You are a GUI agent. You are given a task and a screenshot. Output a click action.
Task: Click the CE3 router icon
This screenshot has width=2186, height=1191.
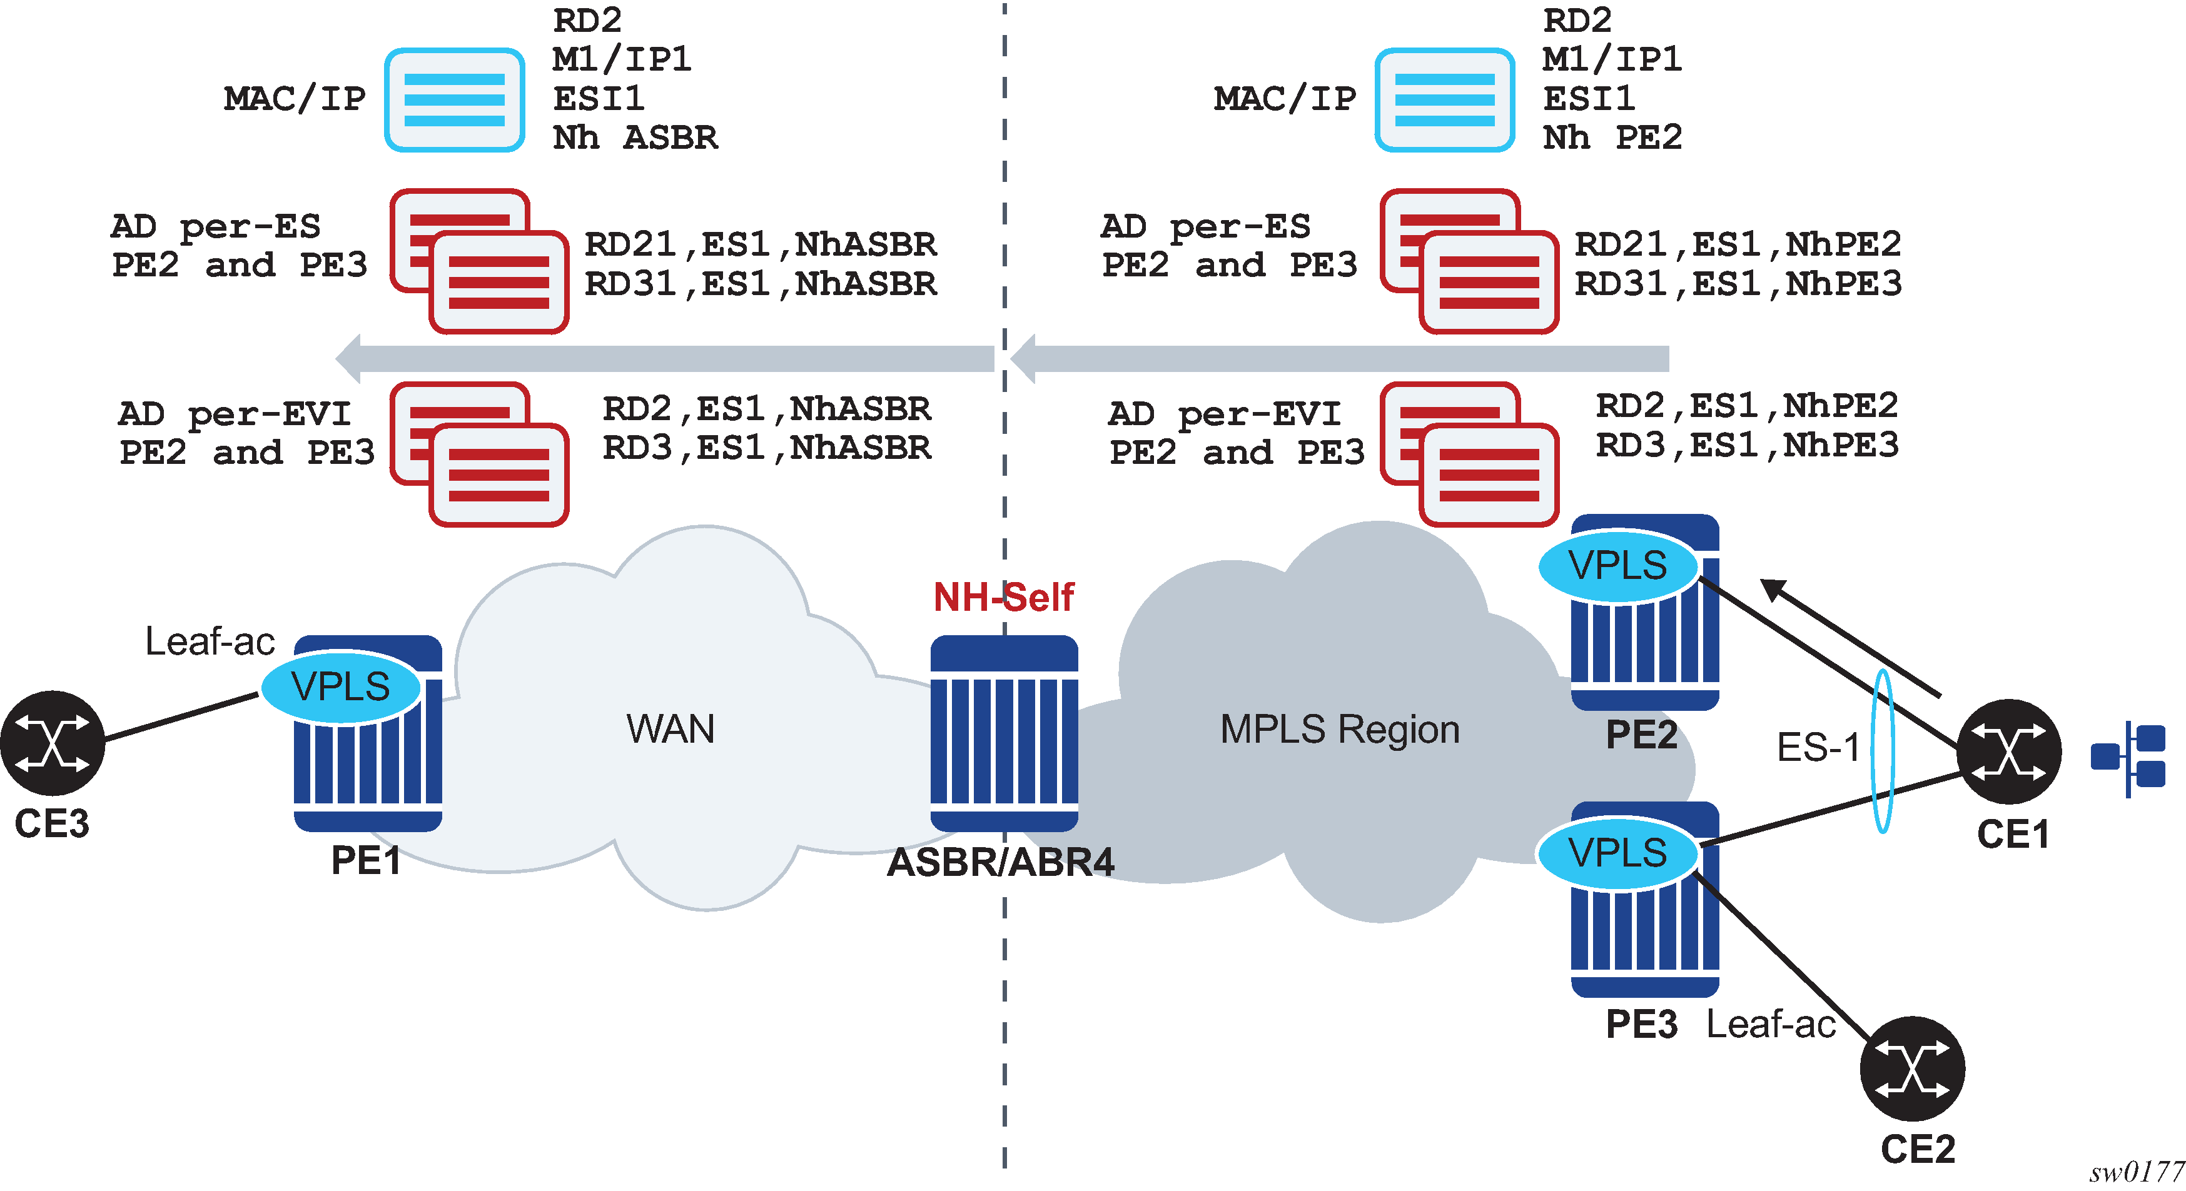pyautogui.click(x=53, y=743)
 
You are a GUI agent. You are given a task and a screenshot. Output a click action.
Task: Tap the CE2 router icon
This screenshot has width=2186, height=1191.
pyautogui.click(x=1912, y=1068)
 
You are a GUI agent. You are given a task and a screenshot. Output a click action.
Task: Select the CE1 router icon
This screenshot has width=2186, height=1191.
pyautogui.click(x=2008, y=751)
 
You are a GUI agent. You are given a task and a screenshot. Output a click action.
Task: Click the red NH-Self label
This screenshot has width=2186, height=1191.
pyautogui.click(x=1003, y=597)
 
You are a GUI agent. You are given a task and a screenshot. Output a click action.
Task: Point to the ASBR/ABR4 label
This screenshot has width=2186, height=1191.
pyautogui.click(x=1001, y=862)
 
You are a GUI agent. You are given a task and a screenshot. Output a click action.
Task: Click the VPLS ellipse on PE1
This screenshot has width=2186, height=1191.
pyautogui.click(x=340, y=686)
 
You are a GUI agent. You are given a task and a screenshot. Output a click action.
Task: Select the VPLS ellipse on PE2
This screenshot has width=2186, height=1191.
pyautogui.click(x=1617, y=566)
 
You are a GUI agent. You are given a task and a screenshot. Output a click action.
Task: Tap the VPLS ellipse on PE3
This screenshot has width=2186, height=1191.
pyautogui.click(x=1617, y=853)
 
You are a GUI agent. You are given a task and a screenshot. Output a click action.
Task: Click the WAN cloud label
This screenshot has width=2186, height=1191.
pyautogui.click(x=670, y=729)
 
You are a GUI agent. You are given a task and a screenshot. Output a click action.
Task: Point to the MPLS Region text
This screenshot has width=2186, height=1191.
pyautogui.click(x=1340, y=730)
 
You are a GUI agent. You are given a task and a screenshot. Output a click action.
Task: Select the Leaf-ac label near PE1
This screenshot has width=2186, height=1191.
pyautogui.click(x=210, y=641)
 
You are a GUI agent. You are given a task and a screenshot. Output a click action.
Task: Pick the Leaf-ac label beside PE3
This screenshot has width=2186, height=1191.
pyautogui.click(x=1771, y=1024)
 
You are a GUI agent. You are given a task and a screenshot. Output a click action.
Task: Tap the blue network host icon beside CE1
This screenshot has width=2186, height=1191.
pyautogui.click(x=2128, y=758)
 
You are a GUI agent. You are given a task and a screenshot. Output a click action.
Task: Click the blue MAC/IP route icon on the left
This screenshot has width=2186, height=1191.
pyautogui.click(x=455, y=100)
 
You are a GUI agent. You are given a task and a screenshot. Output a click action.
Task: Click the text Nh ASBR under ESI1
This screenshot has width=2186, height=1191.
pyautogui.click(x=635, y=138)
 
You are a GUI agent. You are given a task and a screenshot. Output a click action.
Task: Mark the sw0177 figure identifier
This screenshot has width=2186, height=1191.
pyautogui.click(x=2136, y=1172)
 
